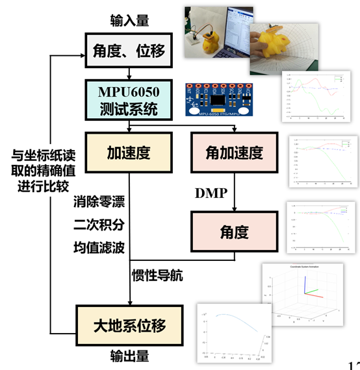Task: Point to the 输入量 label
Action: click(x=129, y=21)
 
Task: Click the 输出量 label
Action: click(x=129, y=356)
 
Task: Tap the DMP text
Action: click(x=210, y=193)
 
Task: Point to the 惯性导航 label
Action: click(x=157, y=276)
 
